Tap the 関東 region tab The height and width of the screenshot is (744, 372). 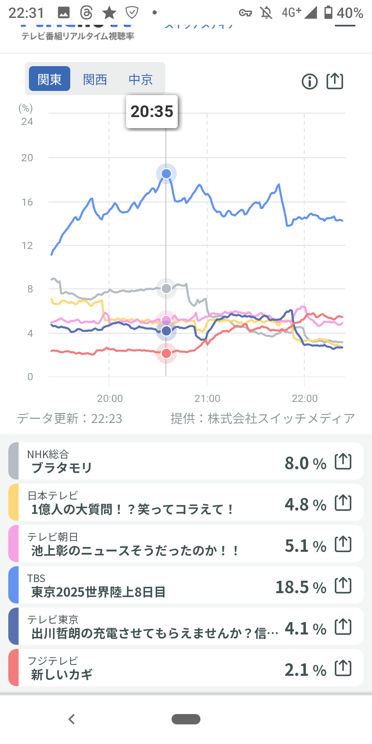click(x=50, y=79)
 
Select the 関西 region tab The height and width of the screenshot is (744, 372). click(x=95, y=80)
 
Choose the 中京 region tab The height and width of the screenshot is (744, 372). click(x=141, y=80)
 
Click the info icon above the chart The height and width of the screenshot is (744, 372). click(x=310, y=82)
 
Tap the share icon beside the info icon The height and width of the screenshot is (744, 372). click(x=335, y=81)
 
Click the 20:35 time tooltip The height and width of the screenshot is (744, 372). click(x=152, y=112)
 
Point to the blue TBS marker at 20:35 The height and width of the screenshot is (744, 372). click(x=166, y=174)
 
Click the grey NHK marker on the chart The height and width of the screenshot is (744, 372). click(x=166, y=288)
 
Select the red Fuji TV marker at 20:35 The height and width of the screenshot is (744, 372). click(x=166, y=353)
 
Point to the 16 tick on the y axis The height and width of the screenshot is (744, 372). click(x=27, y=202)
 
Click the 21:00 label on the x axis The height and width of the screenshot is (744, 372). click(x=207, y=399)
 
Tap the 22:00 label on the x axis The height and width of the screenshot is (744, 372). click(x=304, y=399)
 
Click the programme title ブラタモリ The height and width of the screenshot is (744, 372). click(x=62, y=468)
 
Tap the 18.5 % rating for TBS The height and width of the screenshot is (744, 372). click(x=301, y=587)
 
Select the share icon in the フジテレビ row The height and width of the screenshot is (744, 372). click(x=343, y=668)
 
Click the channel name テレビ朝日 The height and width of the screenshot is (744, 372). click(x=53, y=537)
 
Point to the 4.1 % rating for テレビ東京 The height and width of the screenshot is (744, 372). click(x=305, y=629)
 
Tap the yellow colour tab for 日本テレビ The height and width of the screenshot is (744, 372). click(x=13, y=502)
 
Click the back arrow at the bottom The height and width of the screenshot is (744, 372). click(x=72, y=719)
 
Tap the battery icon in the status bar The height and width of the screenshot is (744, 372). click(x=329, y=12)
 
